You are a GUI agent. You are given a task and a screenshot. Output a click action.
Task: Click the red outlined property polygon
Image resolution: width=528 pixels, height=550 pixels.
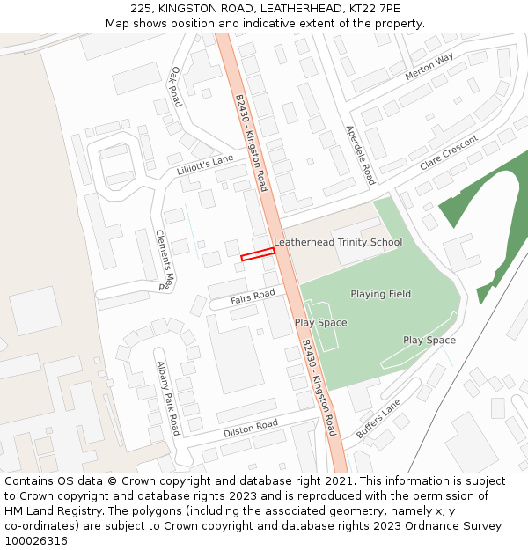point(258,255)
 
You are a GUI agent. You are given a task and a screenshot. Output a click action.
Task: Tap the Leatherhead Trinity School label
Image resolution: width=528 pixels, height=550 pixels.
point(338,242)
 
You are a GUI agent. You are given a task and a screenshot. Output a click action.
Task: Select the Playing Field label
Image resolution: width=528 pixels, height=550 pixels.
point(380,294)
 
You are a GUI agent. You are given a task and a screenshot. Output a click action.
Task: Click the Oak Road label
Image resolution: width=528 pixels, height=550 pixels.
point(175,87)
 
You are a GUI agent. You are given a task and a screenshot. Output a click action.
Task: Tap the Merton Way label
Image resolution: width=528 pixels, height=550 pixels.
point(429,67)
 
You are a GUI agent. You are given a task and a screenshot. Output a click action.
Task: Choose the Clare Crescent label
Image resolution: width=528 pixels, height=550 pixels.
point(448,153)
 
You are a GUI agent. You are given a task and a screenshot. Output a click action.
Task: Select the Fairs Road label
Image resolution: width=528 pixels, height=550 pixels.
point(253,298)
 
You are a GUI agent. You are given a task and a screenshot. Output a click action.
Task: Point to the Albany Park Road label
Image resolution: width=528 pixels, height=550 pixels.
point(168,398)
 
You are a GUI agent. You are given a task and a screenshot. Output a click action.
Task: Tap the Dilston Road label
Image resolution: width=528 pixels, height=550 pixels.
point(250,429)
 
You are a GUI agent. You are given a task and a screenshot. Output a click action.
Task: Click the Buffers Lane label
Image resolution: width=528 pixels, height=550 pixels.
point(378,419)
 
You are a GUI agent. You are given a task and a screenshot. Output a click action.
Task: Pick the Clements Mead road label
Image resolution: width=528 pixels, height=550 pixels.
point(165,260)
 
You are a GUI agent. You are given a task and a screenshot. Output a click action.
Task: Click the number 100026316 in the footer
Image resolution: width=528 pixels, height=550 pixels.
point(35,541)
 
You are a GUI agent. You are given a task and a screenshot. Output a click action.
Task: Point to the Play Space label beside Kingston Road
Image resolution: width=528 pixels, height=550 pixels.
point(320,323)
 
